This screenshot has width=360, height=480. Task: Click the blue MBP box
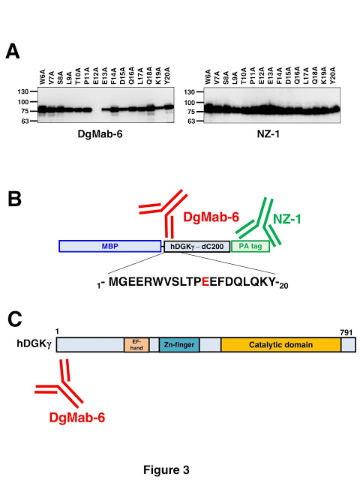coord(110,246)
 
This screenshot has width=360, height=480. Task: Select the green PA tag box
coord(250,246)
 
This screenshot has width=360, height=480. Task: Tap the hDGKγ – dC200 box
coord(197,247)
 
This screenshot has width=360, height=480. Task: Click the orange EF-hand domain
coord(136,345)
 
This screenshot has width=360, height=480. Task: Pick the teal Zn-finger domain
coord(179,345)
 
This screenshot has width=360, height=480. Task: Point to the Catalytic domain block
coord(281,345)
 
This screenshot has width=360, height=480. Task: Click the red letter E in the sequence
coord(205,282)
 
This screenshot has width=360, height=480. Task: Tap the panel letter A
coord(13,51)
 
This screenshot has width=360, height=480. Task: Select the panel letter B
coord(14,199)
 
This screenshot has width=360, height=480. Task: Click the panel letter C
coord(15,319)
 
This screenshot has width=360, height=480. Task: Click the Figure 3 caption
coord(166,470)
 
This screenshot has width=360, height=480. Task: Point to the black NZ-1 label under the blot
coord(268,134)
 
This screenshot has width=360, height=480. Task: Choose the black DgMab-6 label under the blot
coord(100,134)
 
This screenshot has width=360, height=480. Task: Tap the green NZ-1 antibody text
coord(286,219)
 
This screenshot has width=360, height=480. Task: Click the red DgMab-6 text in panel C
coord(77,418)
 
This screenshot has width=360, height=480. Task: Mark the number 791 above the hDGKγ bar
coord(346,332)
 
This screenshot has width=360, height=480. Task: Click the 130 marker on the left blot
coord(22,91)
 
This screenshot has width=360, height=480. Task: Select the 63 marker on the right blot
coord(191,121)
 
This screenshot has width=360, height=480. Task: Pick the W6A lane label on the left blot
coord(43,76)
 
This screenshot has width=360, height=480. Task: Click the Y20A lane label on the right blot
coord(333,76)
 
